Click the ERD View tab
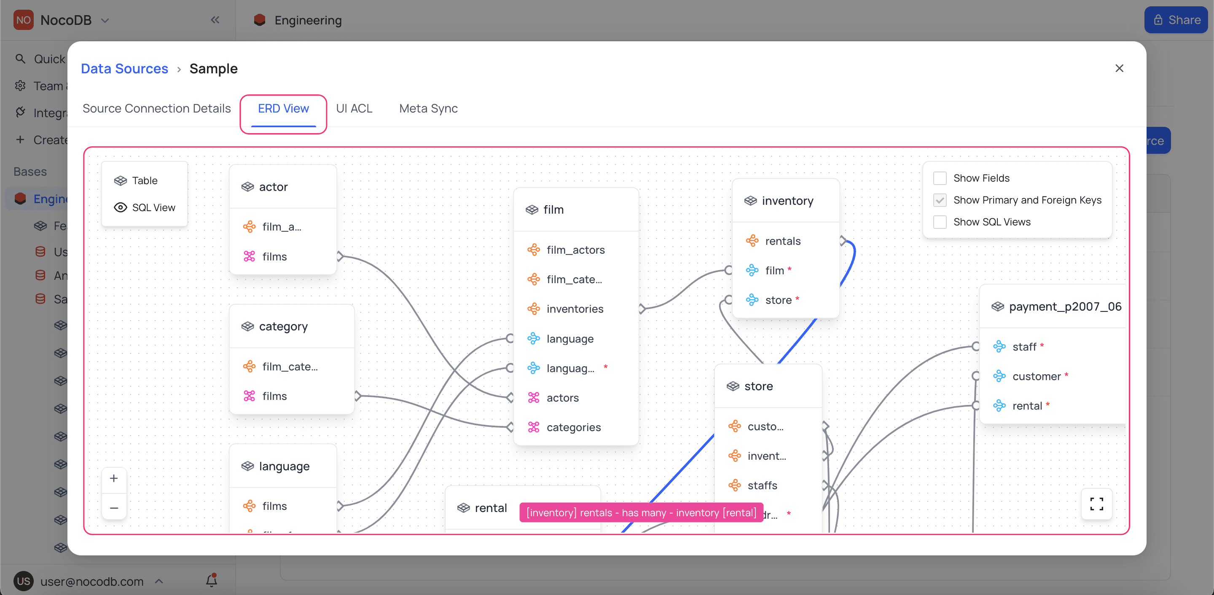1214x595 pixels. coord(283,109)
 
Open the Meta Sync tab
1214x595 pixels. coord(428,109)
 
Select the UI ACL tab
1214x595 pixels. coord(354,109)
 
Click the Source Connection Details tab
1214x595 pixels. coord(156,109)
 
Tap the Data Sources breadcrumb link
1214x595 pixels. coord(124,69)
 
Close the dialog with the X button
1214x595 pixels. coord(1119,69)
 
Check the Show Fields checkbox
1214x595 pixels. coord(940,178)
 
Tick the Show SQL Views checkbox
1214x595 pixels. coord(940,222)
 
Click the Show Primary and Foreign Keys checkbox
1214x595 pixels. coord(940,200)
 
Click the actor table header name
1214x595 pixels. coord(273,187)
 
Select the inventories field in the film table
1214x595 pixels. coord(575,309)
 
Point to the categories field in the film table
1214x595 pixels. coord(573,427)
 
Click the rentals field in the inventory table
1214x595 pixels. coord(782,241)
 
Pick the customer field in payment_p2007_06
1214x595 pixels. coord(1037,376)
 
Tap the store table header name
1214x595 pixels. coord(758,386)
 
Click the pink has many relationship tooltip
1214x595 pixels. coord(641,512)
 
